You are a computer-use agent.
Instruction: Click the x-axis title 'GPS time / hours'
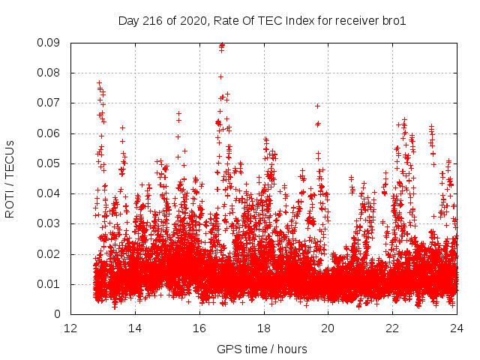coord(262,349)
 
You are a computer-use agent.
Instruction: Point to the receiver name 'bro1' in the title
coord(394,21)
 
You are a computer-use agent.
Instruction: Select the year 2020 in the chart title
coord(190,21)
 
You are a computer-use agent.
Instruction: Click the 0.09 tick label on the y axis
coord(49,43)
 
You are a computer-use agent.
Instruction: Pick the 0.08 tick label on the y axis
coord(49,73)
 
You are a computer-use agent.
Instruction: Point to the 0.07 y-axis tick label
coord(49,103)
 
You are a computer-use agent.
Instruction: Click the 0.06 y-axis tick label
coord(49,133)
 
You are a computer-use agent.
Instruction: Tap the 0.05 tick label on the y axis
coord(49,163)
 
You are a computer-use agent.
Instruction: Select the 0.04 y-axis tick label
coord(49,193)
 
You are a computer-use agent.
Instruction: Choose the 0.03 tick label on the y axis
coord(49,223)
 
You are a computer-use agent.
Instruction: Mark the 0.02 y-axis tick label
coord(49,253)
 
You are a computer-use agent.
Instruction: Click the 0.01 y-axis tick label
coord(49,283)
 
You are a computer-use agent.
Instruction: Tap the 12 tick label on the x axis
coord(70,328)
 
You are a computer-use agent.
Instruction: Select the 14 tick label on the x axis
coord(135,328)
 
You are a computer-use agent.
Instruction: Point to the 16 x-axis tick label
coord(199,328)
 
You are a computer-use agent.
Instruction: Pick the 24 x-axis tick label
coord(457,328)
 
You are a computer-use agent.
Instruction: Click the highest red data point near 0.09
coord(222,44)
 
